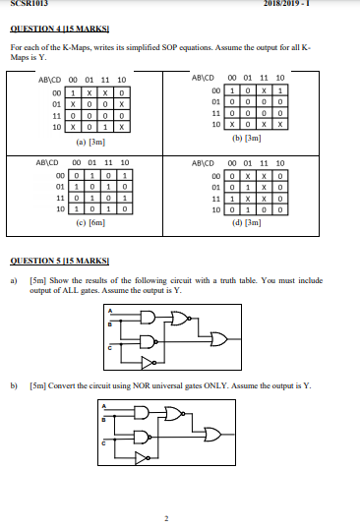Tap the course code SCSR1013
tap(23, 4)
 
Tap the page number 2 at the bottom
tap(166, 517)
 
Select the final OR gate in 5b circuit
tap(215, 434)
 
